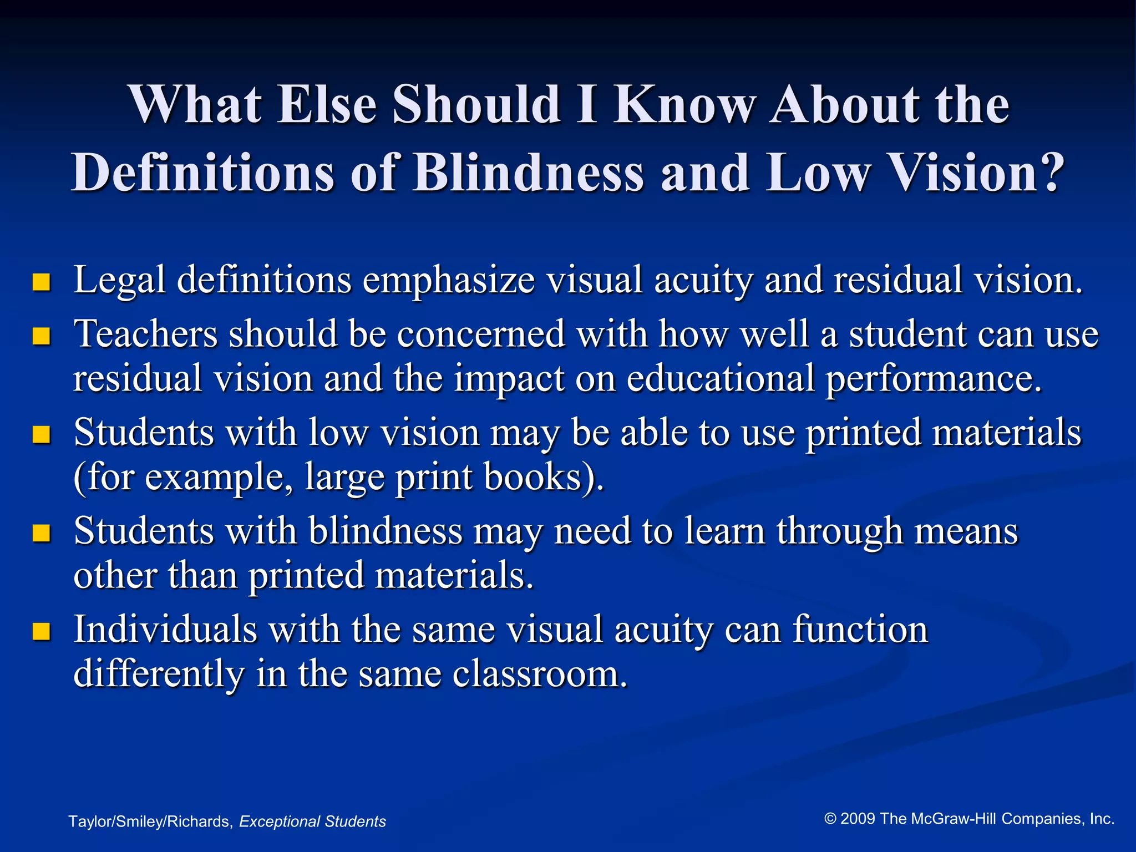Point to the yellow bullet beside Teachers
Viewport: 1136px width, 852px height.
[x=42, y=336]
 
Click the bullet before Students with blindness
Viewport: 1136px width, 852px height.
[x=42, y=533]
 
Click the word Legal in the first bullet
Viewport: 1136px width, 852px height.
[x=119, y=280]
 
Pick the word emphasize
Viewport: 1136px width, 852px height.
[x=449, y=280]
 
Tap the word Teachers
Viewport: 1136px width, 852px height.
[x=145, y=334]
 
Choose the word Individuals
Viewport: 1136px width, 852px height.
[x=165, y=630]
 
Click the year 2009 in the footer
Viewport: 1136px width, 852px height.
[x=858, y=819]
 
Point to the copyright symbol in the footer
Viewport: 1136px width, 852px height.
[x=830, y=819]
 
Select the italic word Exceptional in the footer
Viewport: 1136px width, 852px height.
[x=280, y=821]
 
